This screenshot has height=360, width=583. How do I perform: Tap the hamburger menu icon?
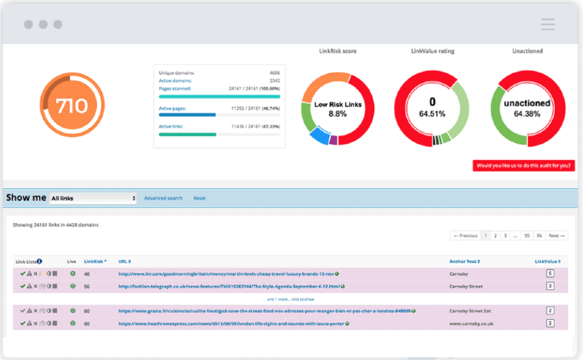pyautogui.click(x=548, y=24)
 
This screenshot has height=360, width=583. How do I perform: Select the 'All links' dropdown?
pyautogui.click(x=93, y=199)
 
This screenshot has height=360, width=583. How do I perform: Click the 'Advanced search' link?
pyautogui.click(x=163, y=199)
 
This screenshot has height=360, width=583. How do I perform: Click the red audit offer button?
pyautogui.click(x=523, y=165)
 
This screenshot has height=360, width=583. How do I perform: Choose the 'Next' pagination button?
pyautogui.click(x=556, y=236)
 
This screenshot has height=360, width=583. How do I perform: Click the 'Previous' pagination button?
pyautogui.click(x=465, y=236)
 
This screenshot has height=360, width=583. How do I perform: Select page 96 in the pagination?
pyautogui.click(x=539, y=236)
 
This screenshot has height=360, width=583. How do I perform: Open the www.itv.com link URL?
pyautogui.click(x=228, y=274)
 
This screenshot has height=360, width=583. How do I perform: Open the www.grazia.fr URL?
pyautogui.click(x=264, y=311)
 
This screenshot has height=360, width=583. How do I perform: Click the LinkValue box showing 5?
pyautogui.click(x=551, y=274)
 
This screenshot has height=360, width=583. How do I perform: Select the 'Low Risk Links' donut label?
pyautogui.click(x=337, y=103)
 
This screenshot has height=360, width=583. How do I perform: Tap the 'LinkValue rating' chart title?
pyautogui.click(x=433, y=51)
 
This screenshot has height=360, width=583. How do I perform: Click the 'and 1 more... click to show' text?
pyautogui.click(x=291, y=299)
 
